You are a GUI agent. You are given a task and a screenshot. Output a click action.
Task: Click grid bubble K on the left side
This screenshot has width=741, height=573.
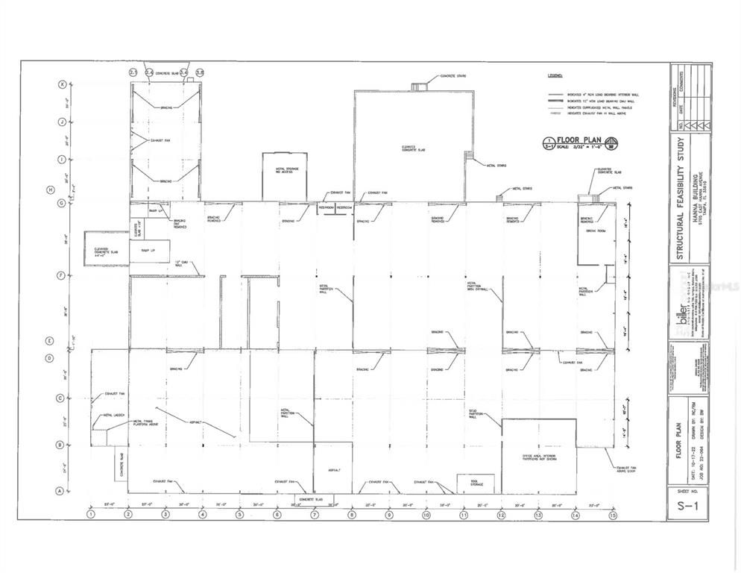pos(63,84)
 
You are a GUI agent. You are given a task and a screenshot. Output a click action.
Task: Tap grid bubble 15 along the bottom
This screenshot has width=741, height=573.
pos(613,515)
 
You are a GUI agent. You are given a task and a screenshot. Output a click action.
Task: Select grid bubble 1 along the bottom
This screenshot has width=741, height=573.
pos(90,515)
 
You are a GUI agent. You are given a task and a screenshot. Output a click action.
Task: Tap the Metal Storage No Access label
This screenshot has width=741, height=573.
pos(284,172)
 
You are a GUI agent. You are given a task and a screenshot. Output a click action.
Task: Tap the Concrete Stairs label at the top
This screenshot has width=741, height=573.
pos(453,76)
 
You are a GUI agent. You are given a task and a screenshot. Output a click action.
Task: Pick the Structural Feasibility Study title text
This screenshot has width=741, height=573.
pos(681,198)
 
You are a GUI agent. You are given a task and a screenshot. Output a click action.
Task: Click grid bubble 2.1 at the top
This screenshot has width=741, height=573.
pos(133,72)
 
